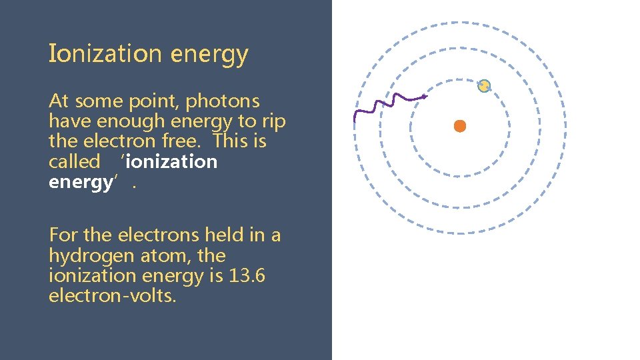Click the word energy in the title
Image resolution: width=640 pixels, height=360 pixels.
(209, 55)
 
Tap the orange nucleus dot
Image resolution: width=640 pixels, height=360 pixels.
(459, 126)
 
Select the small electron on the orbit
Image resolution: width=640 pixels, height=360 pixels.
(484, 86)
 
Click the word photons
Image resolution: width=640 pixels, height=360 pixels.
(223, 101)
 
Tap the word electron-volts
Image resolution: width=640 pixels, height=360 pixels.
(113, 296)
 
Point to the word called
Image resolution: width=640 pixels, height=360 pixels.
(74, 161)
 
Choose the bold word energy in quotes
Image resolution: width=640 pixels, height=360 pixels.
(80, 182)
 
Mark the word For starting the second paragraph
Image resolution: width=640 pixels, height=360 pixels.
(63, 235)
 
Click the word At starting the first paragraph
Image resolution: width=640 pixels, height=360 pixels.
(59, 101)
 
